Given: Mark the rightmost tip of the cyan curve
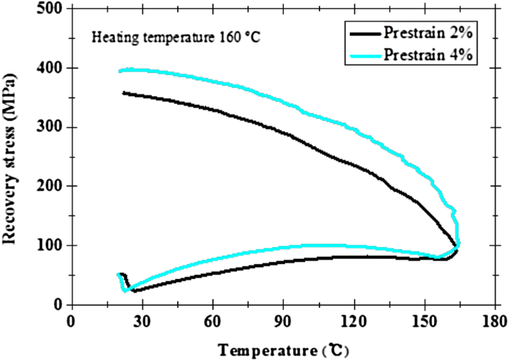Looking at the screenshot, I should pos(459,242).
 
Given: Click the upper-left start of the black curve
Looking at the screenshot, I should pos(123,92).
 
